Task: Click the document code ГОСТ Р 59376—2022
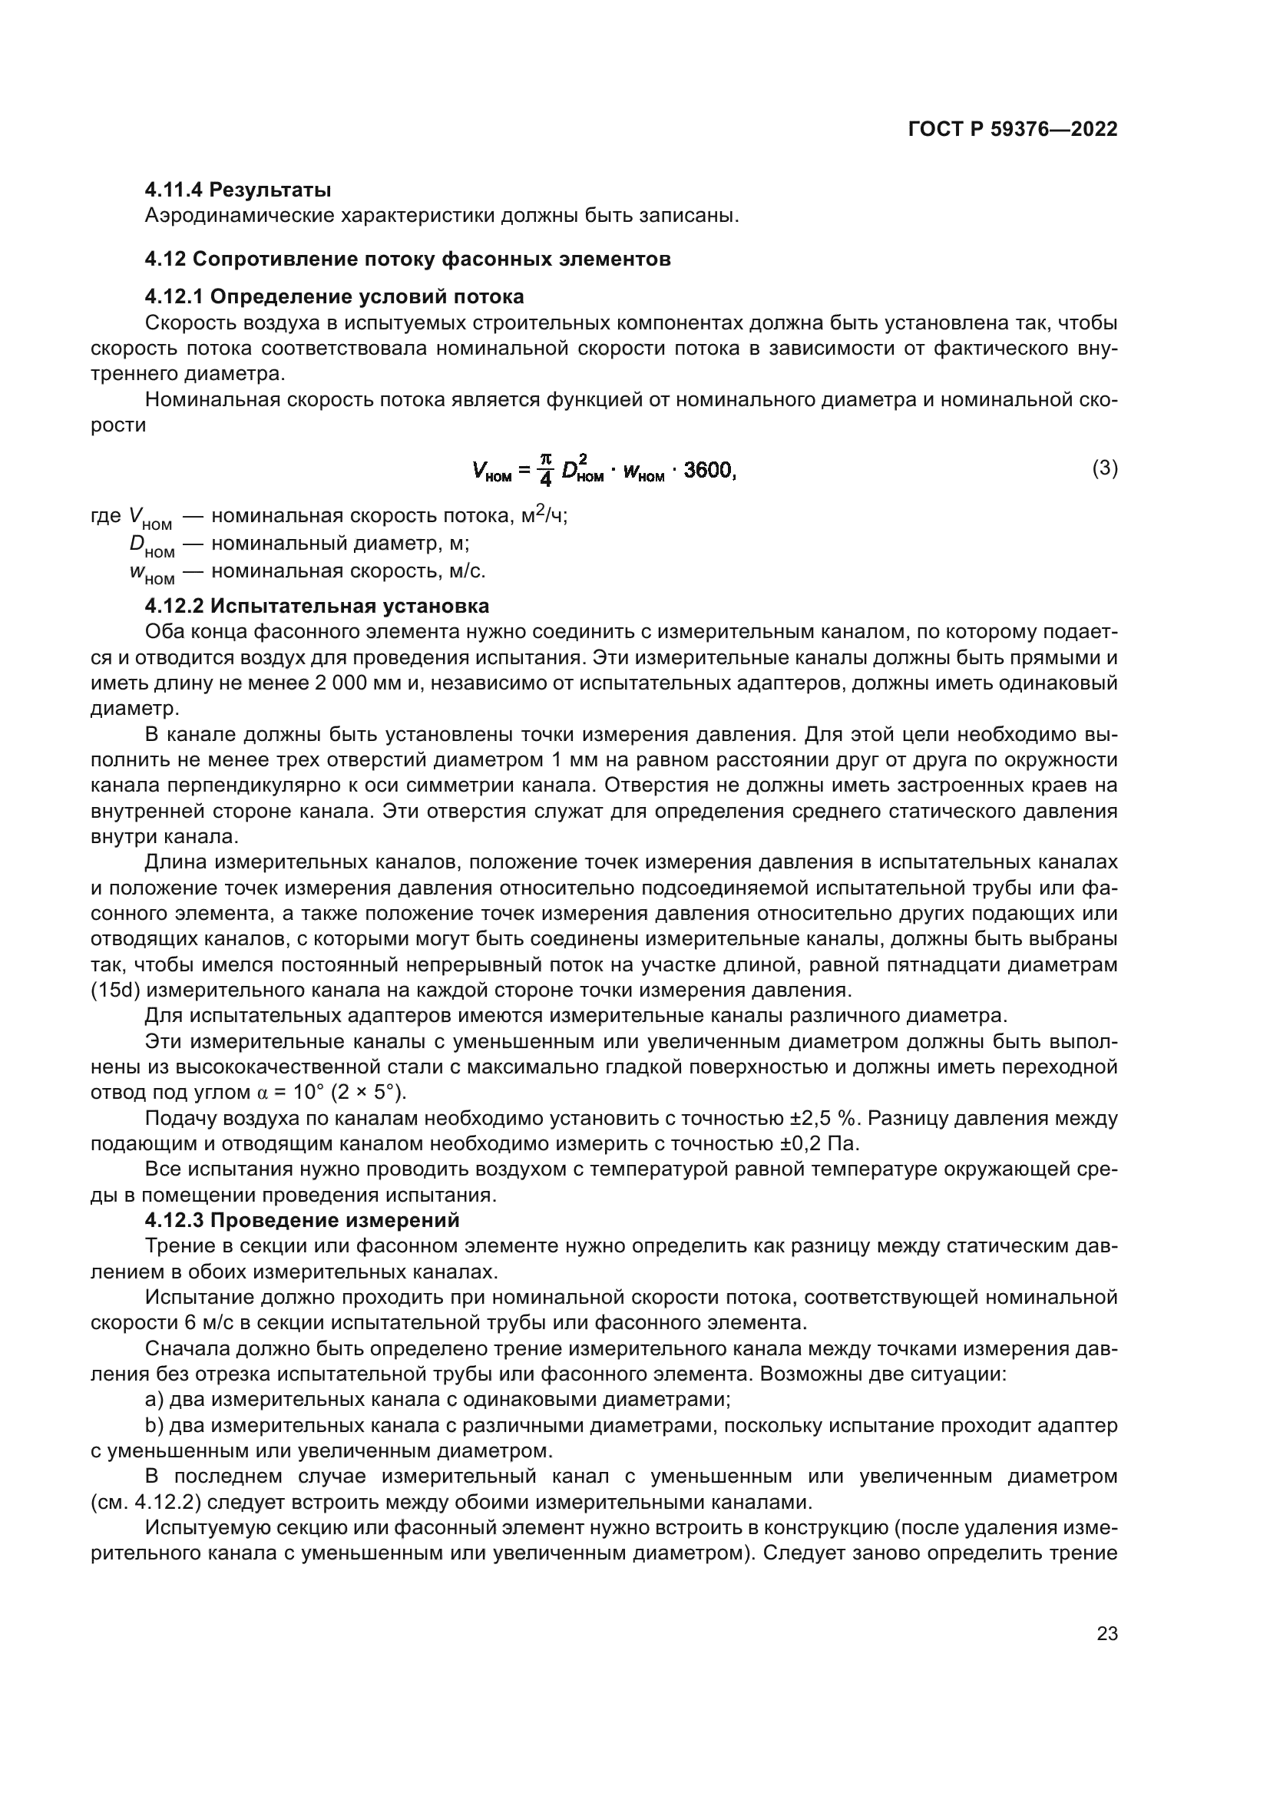pos(1012,130)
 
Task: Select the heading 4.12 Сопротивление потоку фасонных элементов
pos(408,259)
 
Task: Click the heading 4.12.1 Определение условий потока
pos(334,296)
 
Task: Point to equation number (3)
pos(1104,468)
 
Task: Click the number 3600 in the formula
pos(709,470)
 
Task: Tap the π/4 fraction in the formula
pos(546,469)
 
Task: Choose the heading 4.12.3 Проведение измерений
pos(302,1219)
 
